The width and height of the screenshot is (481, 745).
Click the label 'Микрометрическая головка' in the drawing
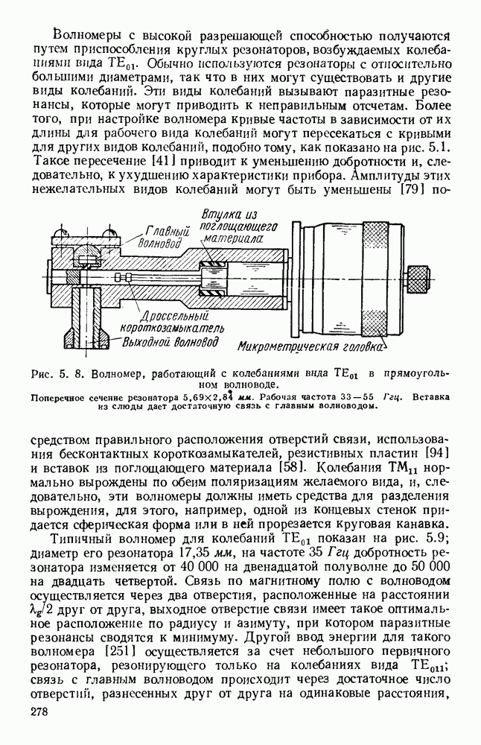click(311, 346)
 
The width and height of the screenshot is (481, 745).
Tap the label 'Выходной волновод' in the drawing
click(171, 341)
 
